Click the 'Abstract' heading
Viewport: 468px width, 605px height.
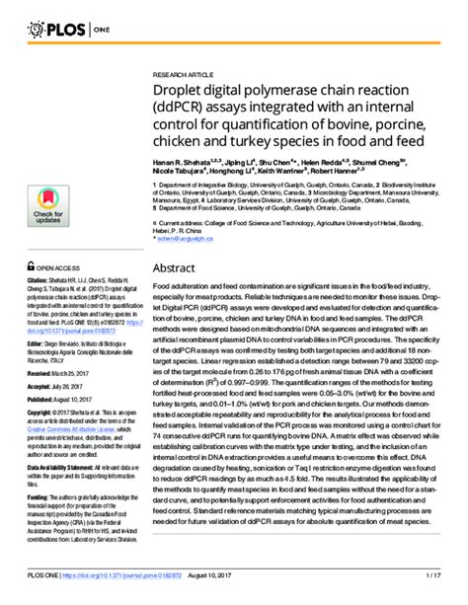click(176, 267)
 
